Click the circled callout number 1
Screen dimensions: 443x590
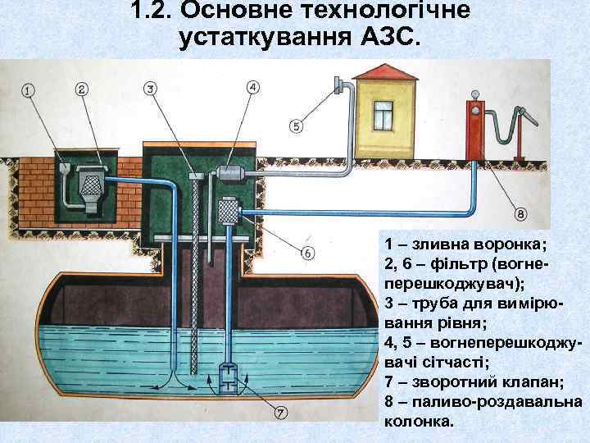click(x=29, y=90)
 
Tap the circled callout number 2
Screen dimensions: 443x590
click(x=82, y=89)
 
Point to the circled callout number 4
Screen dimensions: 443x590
click(x=252, y=87)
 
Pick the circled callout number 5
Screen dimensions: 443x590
click(x=296, y=126)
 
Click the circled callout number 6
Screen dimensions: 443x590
click(x=307, y=253)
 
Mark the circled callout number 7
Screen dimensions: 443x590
click(x=280, y=412)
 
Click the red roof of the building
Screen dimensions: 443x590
click(x=383, y=73)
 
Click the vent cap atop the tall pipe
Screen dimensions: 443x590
click(x=338, y=83)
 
